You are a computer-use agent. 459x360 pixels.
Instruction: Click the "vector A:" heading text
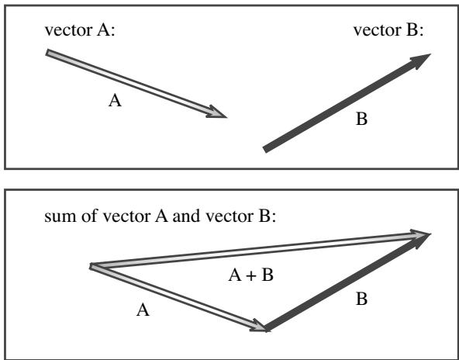(x=80, y=30)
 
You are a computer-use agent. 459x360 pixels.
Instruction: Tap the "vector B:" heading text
(x=388, y=30)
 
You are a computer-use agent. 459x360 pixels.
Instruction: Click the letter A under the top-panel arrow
(x=115, y=101)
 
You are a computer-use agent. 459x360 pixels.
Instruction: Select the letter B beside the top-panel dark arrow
(x=361, y=119)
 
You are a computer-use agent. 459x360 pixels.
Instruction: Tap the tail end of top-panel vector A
(x=47, y=53)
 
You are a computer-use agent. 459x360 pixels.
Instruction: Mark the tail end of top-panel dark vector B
(x=264, y=150)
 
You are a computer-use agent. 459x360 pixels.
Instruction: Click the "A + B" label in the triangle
(x=250, y=275)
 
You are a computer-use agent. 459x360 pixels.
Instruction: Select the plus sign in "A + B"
(x=250, y=276)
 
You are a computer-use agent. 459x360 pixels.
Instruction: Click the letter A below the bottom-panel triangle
(x=143, y=310)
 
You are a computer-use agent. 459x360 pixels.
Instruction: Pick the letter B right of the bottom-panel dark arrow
(x=361, y=299)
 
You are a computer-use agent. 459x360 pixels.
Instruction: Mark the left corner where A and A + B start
(x=91, y=267)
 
